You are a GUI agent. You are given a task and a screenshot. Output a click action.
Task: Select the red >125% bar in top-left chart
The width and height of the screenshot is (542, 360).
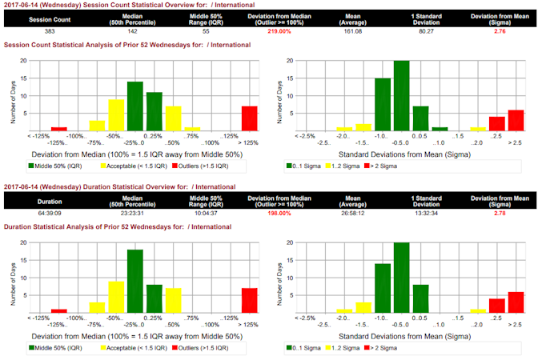click(249, 118)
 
